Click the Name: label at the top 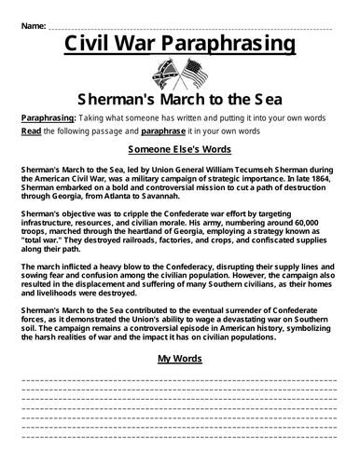click(33, 21)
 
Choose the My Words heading click(179, 358)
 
